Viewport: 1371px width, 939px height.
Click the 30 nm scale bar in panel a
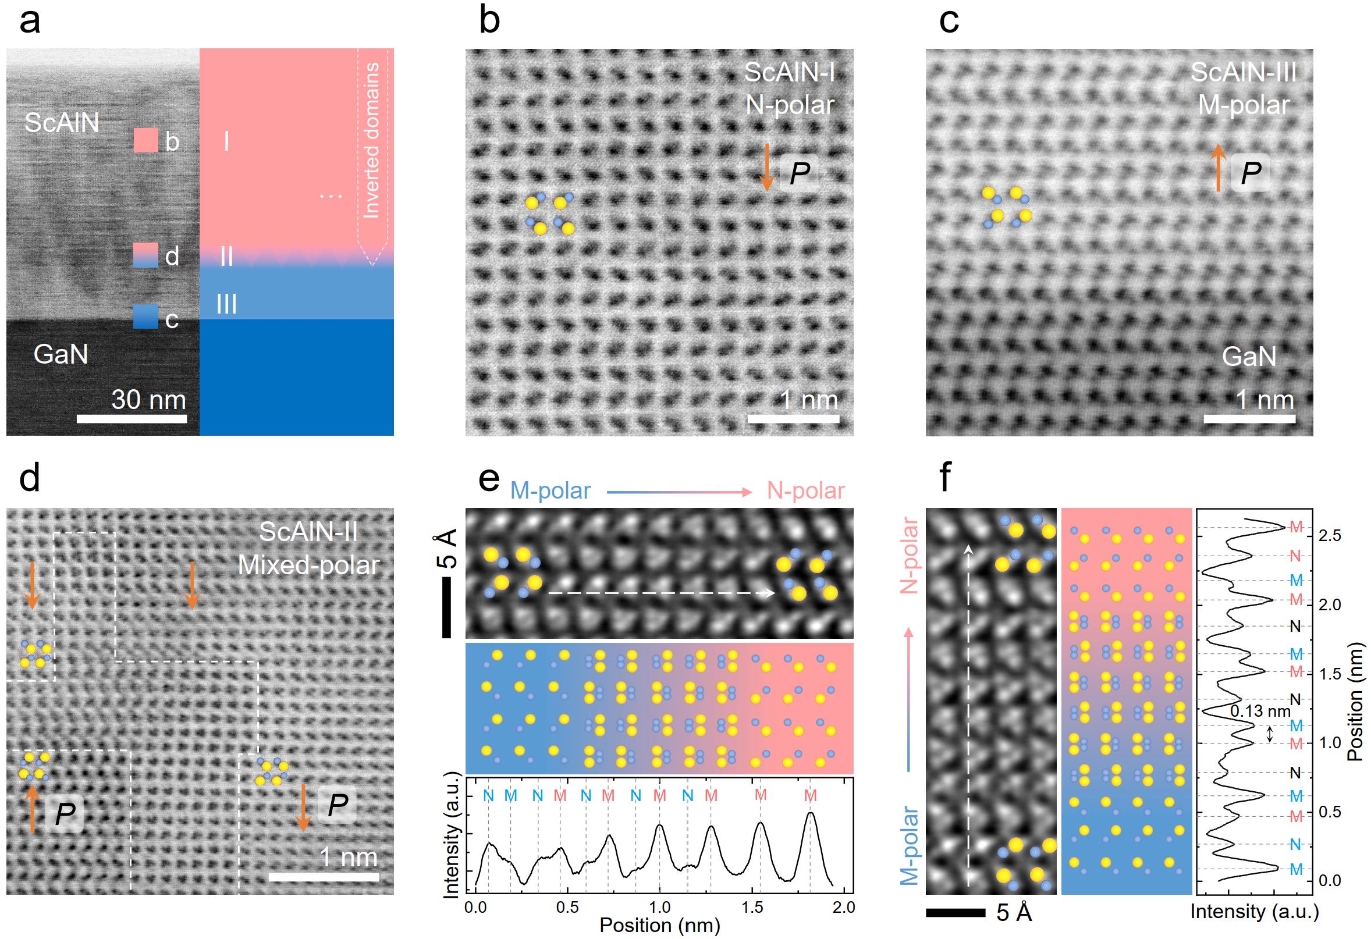pyautogui.click(x=132, y=419)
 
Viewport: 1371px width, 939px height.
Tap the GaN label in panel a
pyautogui.click(x=61, y=354)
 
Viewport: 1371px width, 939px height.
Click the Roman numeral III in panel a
pyautogui.click(x=226, y=304)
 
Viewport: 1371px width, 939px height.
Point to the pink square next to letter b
pyautogui.click(x=145, y=141)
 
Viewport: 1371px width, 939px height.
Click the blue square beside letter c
pyautogui.click(x=145, y=316)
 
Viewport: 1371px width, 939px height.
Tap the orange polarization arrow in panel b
pyautogui.click(x=766, y=167)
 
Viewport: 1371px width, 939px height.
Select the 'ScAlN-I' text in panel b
pyautogui.click(x=789, y=73)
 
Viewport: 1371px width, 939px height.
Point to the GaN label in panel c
pyautogui.click(x=1249, y=356)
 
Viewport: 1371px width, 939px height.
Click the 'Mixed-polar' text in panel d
pyautogui.click(x=308, y=565)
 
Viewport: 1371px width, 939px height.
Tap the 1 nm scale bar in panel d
pyautogui.click(x=324, y=877)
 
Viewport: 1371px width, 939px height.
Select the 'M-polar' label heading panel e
pyautogui.click(x=550, y=490)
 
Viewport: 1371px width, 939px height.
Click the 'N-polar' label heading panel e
pyautogui.click(x=806, y=490)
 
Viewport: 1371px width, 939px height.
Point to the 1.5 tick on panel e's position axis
pyautogui.click(x=752, y=907)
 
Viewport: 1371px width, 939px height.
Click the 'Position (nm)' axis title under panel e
pyautogui.click(x=659, y=926)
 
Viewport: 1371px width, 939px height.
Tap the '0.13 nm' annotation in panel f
pyautogui.click(x=1260, y=712)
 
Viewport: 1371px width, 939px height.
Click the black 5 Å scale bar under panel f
pyautogui.click(x=955, y=913)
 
